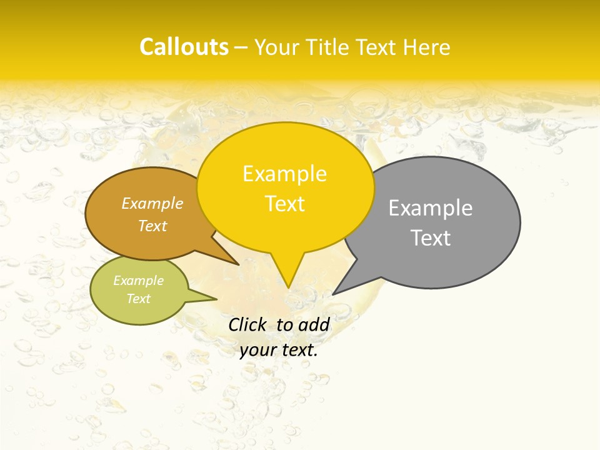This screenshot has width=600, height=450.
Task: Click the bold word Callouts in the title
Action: (x=184, y=47)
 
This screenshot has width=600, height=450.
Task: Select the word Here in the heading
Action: (x=427, y=47)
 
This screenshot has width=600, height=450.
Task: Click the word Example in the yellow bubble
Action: (x=284, y=174)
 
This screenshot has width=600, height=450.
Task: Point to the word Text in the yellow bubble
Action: (x=285, y=204)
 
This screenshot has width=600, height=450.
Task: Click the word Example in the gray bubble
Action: (x=431, y=208)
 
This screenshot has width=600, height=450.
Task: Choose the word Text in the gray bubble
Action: (x=431, y=238)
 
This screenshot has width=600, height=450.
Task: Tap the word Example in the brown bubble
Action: (x=152, y=204)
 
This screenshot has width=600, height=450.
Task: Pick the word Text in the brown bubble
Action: (x=152, y=226)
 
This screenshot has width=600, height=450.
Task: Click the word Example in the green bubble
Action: (x=139, y=281)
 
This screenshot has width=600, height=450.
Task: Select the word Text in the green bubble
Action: (x=139, y=299)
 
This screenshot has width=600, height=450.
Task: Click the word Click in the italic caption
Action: (x=247, y=324)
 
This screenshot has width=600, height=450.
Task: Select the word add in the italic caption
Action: (x=314, y=324)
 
